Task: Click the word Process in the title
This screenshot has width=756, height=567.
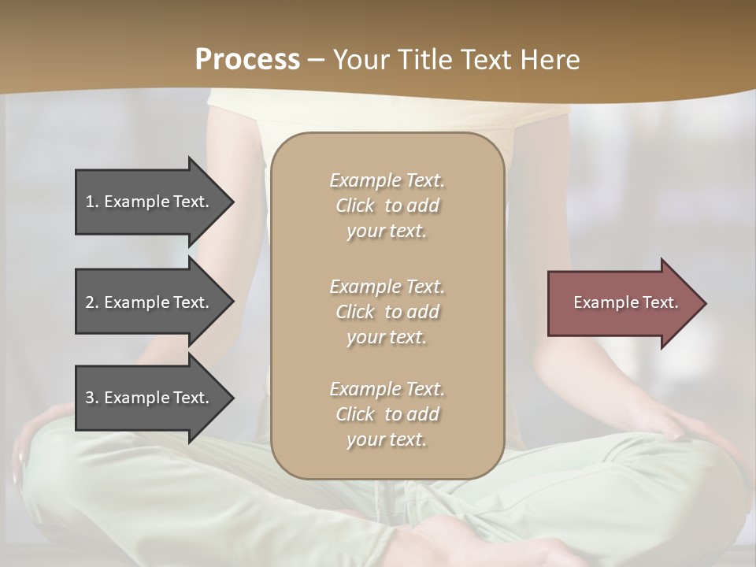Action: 247,60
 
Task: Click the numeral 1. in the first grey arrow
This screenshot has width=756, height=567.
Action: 92,202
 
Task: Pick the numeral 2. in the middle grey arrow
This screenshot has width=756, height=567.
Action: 92,302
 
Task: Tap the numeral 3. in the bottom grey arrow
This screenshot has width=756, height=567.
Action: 92,398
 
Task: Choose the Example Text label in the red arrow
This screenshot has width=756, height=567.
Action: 625,302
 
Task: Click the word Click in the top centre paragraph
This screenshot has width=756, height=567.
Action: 354,206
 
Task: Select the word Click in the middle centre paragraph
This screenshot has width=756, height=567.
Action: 354,312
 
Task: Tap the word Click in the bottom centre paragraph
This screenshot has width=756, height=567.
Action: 354,414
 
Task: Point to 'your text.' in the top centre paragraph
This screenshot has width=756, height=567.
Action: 386,232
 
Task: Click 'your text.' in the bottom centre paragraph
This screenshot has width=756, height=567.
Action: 386,440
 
